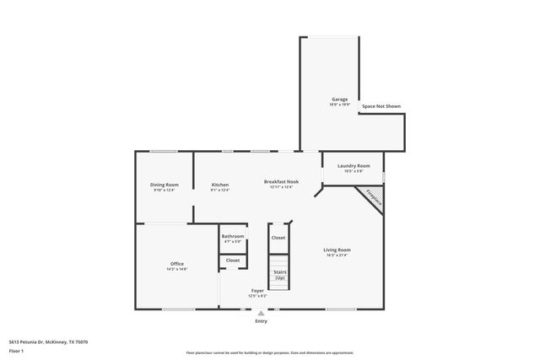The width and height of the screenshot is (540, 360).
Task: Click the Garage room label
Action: click(338, 99)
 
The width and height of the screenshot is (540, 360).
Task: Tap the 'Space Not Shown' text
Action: click(381, 106)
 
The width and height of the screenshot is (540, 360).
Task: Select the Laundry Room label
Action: click(353, 166)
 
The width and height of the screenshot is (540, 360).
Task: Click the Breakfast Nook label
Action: click(281, 181)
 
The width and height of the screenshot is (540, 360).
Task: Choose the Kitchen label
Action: click(220, 185)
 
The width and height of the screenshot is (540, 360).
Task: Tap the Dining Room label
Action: click(165, 185)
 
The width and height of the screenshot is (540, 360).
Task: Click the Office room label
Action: click(177, 264)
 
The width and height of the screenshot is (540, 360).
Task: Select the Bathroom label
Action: click(233, 236)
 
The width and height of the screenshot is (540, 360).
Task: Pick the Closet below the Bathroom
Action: click(233, 261)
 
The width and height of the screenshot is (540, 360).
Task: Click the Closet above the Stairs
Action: click(278, 238)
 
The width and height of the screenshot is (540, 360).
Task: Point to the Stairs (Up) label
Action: click(279, 274)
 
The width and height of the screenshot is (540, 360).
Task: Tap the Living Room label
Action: click(337, 250)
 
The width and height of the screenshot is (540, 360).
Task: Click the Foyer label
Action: click(257, 291)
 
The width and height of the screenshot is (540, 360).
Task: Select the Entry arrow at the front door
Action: click(261, 313)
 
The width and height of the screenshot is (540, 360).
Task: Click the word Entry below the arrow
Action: click(261, 321)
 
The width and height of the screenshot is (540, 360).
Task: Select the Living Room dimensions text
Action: click(337, 255)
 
